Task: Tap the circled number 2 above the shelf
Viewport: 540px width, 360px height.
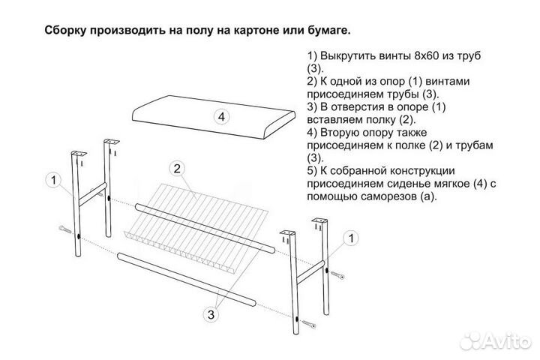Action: (x=178, y=167)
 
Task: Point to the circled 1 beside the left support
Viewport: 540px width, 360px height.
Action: (x=54, y=179)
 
